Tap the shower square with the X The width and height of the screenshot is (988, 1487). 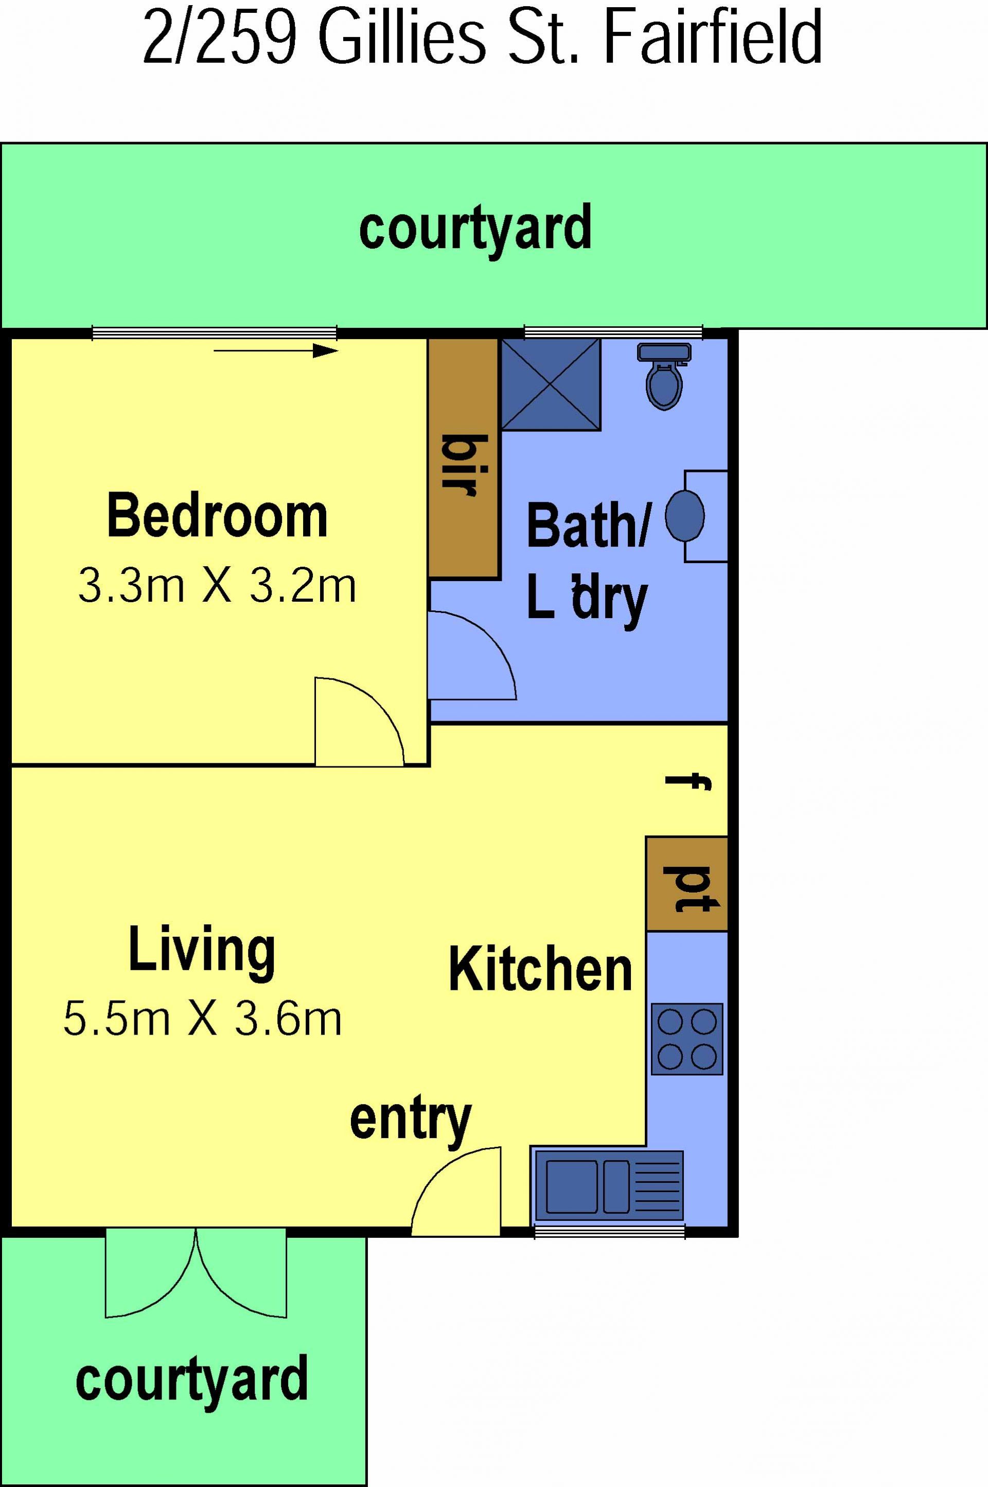tap(551, 384)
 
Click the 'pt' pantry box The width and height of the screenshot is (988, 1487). tap(687, 884)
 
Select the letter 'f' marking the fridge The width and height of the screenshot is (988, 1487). tap(689, 782)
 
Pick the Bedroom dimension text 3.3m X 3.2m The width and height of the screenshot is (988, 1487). tap(217, 586)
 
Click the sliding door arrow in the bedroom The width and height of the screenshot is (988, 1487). tap(276, 351)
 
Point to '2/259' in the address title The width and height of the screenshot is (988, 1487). tap(219, 37)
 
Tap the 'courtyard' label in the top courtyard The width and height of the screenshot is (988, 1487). tap(475, 228)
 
